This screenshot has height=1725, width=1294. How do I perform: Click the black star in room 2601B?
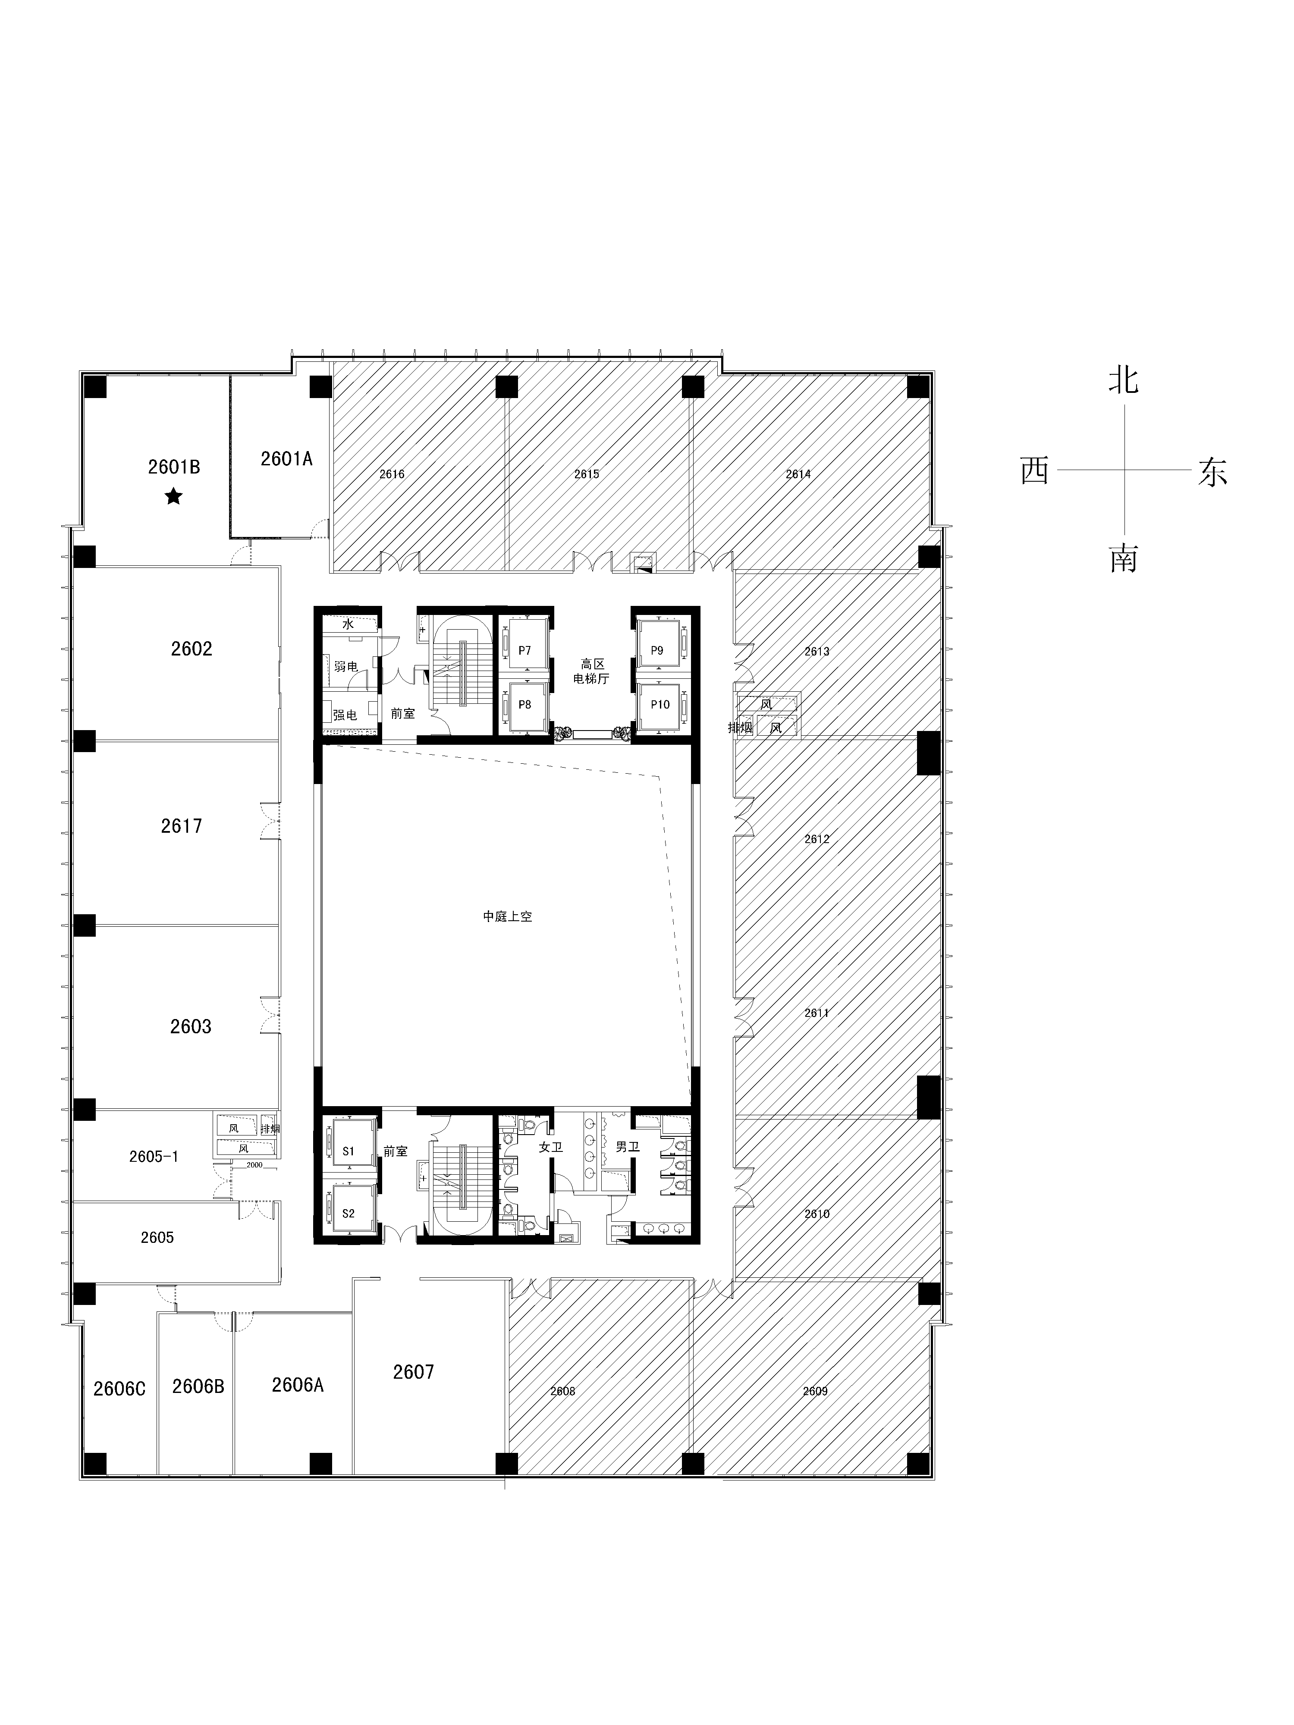tap(173, 496)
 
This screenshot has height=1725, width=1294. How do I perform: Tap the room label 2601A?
tap(286, 458)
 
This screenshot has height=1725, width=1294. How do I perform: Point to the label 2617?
tap(181, 826)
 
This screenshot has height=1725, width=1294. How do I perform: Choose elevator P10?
tap(660, 704)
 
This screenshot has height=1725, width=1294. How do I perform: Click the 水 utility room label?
tap(348, 624)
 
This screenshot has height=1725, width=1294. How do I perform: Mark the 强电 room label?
tap(345, 714)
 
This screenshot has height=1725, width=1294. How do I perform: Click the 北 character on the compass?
tap(1123, 380)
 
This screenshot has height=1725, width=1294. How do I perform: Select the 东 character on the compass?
tap(1212, 473)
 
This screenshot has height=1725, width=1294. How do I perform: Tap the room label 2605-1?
tap(154, 1157)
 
